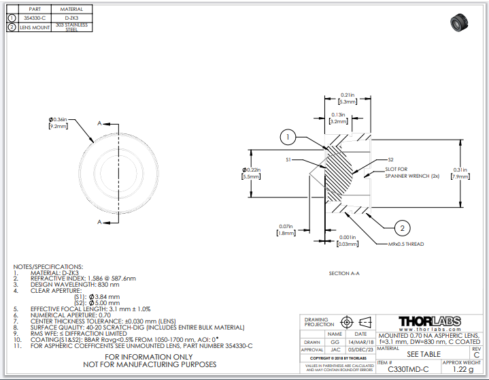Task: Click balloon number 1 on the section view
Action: (x=288, y=138)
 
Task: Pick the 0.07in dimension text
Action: (x=286, y=229)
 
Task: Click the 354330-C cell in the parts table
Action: (x=35, y=18)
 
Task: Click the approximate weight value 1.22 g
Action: (x=462, y=369)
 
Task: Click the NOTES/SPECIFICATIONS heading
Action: (x=48, y=267)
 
